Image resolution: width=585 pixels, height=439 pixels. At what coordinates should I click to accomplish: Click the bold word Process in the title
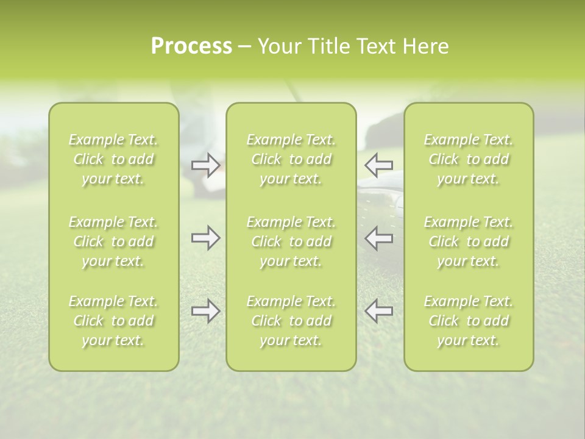pyautogui.click(x=191, y=46)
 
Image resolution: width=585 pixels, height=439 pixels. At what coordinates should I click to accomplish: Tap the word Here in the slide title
pyautogui.click(x=425, y=46)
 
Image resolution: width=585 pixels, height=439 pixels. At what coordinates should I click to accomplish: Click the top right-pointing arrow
pyautogui.click(x=205, y=165)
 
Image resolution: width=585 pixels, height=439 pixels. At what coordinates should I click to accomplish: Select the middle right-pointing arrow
pyautogui.click(x=205, y=238)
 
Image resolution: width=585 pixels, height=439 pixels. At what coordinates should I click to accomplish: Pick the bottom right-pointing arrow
pyautogui.click(x=205, y=311)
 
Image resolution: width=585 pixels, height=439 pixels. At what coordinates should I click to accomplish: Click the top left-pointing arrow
pyautogui.click(x=379, y=165)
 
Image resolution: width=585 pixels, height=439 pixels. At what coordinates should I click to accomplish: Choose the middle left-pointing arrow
pyautogui.click(x=379, y=238)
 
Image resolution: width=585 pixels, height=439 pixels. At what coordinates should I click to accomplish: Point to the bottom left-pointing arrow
pyautogui.click(x=379, y=311)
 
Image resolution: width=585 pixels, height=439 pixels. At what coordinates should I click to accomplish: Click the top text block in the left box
pyautogui.click(x=113, y=159)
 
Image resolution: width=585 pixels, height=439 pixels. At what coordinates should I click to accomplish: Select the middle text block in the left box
pyautogui.click(x=113, y=241)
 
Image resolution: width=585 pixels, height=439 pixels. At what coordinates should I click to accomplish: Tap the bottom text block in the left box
pyautogui.click(x=113, y=321)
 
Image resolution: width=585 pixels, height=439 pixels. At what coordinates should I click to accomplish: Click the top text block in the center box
pyautogui.click(x=291, y=159)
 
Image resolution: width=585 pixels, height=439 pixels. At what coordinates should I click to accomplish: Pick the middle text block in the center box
pyautogui.click(x=291, y=241)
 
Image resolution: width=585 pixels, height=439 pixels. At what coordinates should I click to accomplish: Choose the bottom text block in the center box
pyautogui.click(x=291, y=321)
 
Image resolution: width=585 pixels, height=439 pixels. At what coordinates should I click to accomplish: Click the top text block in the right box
pyautogui.click(x=469, y=159)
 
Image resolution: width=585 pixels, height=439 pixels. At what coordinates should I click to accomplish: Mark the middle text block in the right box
pyautogui.click(x=469, y=241)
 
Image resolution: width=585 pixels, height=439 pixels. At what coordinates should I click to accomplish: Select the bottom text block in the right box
pyautogui.click(x=469, y=321)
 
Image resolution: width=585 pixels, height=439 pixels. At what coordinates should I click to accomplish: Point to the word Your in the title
pyautogui.click(x=278, y=46)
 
